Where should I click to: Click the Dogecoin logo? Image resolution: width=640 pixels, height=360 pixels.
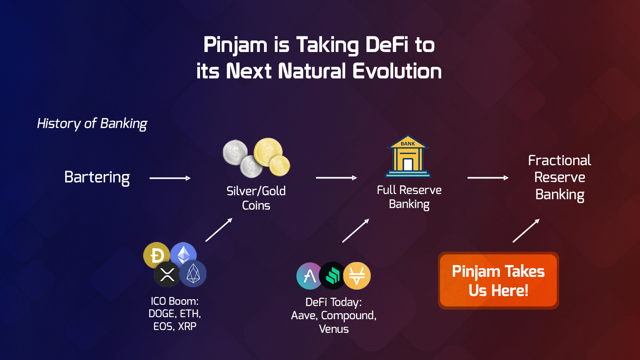click(156, 255)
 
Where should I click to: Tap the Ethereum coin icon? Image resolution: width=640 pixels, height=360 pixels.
click(184, 255)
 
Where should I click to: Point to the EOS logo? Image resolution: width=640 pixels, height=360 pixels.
click(193, 274)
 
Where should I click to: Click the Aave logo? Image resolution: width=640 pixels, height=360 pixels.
click(310, 276)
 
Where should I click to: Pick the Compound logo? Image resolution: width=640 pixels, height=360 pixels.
click(332, 276)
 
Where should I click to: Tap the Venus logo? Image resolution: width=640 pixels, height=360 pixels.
click(357, 276)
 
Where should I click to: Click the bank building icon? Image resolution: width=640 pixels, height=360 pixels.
click(408, 156)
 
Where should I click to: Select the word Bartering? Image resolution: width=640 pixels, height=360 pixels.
click(97, 178)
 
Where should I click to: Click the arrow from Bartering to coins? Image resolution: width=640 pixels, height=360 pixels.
click(170, 178)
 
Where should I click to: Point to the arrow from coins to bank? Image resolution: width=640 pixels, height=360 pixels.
click(336, 178)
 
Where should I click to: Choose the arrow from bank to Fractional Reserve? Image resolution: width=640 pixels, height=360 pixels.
click(488, 178)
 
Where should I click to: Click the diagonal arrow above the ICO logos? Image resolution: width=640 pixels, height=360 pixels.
click(219, 230)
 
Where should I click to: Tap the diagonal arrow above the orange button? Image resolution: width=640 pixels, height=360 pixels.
click(526, 231)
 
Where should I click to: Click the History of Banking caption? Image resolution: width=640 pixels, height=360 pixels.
click(92, 124)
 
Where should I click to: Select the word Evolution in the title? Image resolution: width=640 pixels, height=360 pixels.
click(397, 71)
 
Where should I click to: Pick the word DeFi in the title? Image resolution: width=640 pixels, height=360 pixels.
click(387, 45)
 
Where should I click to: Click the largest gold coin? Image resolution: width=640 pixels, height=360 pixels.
click(268, 152)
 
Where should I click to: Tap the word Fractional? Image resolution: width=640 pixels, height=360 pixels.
click(560, 160)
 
